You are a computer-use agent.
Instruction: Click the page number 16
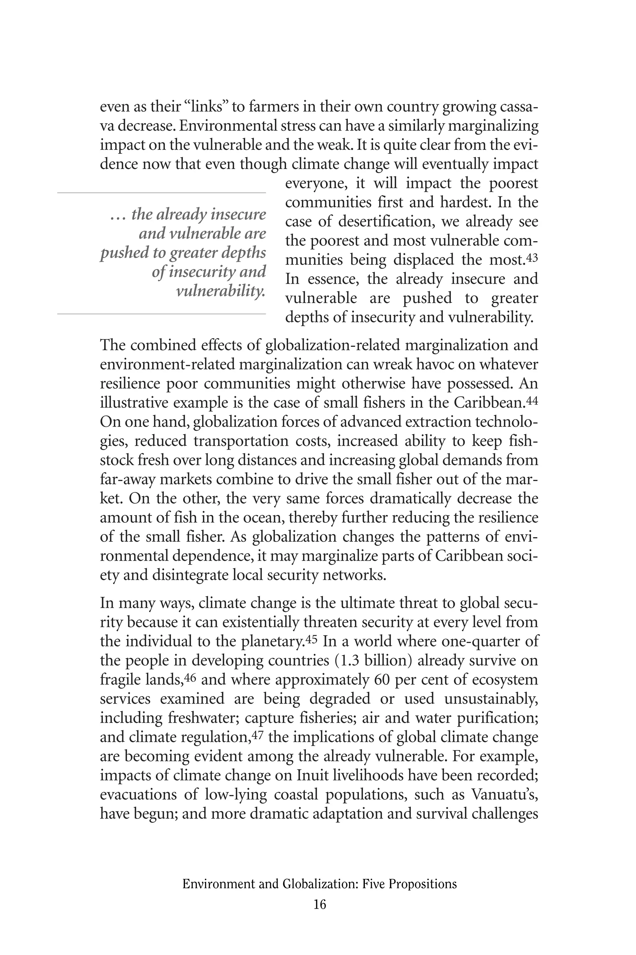click(320, 904)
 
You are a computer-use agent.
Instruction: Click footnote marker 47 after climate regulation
click(257, 735)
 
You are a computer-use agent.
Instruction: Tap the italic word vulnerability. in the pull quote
click(220, 291)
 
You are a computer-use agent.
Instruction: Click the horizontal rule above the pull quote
click(161, 193)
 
